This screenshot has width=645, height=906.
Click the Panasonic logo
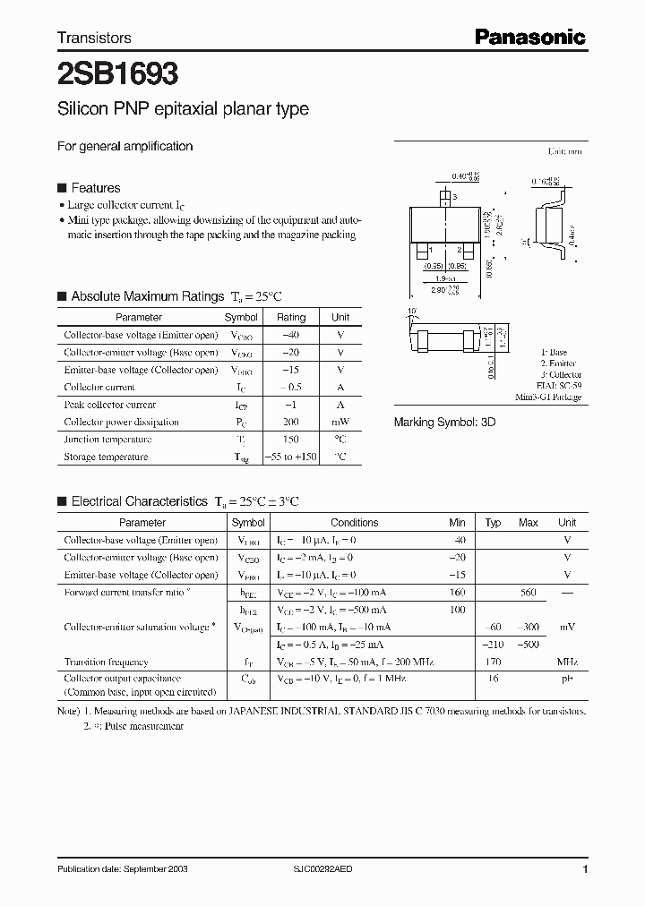coord(529,37)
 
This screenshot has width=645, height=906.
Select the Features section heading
coord(95,188)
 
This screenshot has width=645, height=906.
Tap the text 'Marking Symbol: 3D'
coord(444,421)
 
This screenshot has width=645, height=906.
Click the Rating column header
coord(291,317)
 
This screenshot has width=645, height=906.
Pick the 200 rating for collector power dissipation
coord(291,422)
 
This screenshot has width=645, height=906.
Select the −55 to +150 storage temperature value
coord(291,457)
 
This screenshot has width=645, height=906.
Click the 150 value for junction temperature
coord(291,440)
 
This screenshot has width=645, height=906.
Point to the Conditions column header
coord(355,523)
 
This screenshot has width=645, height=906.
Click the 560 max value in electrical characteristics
coord(528,593)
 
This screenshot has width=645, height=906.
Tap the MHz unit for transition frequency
coord(567,662)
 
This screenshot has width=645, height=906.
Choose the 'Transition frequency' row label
coord(106,662)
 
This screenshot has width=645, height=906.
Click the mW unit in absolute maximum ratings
coord(340,422)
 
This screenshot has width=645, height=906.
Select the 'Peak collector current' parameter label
coord(109,405)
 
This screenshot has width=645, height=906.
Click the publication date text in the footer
coord(122,869)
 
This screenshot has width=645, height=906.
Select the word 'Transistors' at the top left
coord(94,38)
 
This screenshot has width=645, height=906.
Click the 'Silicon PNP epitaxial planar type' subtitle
coord(183,109)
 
